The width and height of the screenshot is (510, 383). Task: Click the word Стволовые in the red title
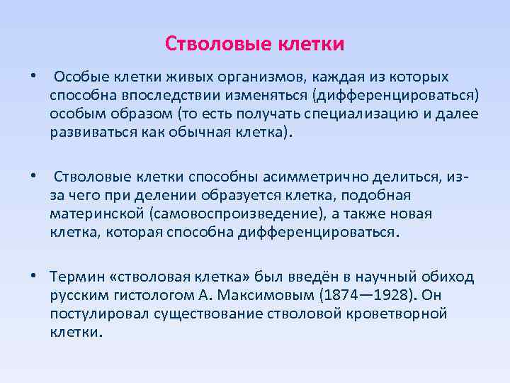215,44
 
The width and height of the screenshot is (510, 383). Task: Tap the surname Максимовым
259,295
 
